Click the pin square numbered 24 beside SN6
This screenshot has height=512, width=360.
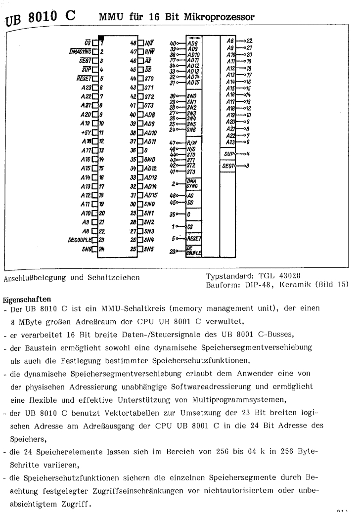coord(100,249)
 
